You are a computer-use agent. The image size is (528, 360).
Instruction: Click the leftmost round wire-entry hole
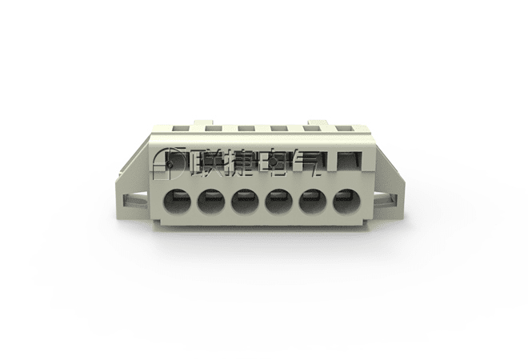pyautogui.click(x=177, y=202)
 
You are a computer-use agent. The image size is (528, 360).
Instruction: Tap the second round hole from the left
pyautogui.click(x=211, y=202)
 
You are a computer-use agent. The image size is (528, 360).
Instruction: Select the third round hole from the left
pyautogui.click(x=245, y=202)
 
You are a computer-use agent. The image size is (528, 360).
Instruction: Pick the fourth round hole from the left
pyautogui.click(x=279, y=202)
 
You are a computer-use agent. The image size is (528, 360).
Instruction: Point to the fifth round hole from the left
pyautogui.click(x=313, y=202)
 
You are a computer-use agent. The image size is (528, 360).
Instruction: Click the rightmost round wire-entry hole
pyautogui.click(x=347, y=202)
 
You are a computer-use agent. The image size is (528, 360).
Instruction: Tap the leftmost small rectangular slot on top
pyautogui.click(x=181, y=128)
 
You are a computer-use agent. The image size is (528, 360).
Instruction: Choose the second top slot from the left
pyautogui.click(x=214, y=128)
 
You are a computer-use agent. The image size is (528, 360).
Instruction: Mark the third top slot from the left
pyautogui.click(x=246, y=128)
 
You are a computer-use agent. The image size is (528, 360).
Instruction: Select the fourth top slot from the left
pyautogui.click(x=279, y=128)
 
